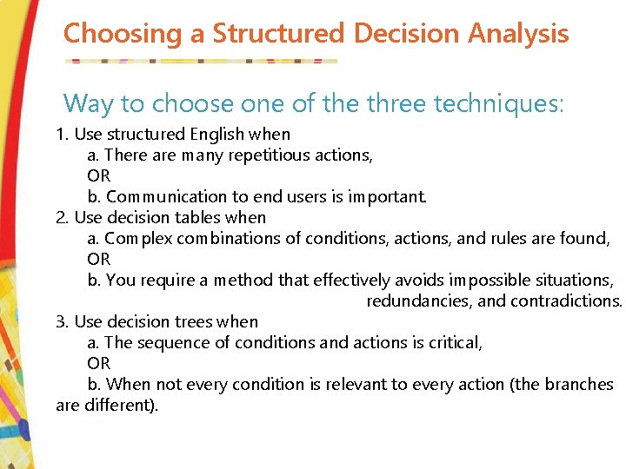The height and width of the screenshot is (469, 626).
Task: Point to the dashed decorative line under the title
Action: [201, 61]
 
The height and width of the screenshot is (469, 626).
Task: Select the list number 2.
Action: [61, 218]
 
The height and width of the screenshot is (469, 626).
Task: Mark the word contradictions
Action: [568, 301]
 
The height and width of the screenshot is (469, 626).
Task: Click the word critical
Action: [454, 343]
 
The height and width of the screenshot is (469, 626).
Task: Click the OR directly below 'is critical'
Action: [98, 364]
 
